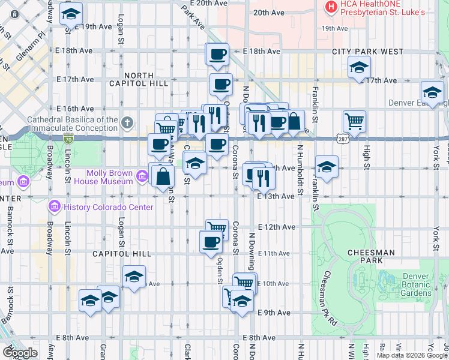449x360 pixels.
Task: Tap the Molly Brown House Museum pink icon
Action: tap(142, 176)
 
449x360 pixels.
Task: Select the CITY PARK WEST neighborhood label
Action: tap(367, 52)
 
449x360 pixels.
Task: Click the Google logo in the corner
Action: tap(19, 352)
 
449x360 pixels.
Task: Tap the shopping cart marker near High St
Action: tap(354, 121)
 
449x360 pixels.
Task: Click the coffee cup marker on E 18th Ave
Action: tap(217, 55)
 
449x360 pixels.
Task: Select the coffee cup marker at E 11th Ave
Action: tap(211, 242)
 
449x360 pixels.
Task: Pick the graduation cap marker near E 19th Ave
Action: tap(71, 14)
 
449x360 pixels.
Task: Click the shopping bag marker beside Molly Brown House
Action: tap(163, 176)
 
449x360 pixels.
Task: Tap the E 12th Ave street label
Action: tap(277, 227)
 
